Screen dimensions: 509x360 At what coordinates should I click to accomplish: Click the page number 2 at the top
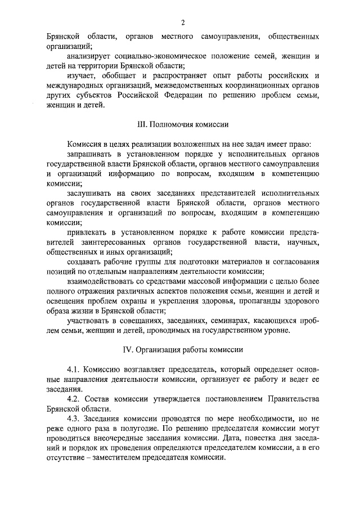183,22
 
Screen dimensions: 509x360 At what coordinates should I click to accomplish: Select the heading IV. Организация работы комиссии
183,349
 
